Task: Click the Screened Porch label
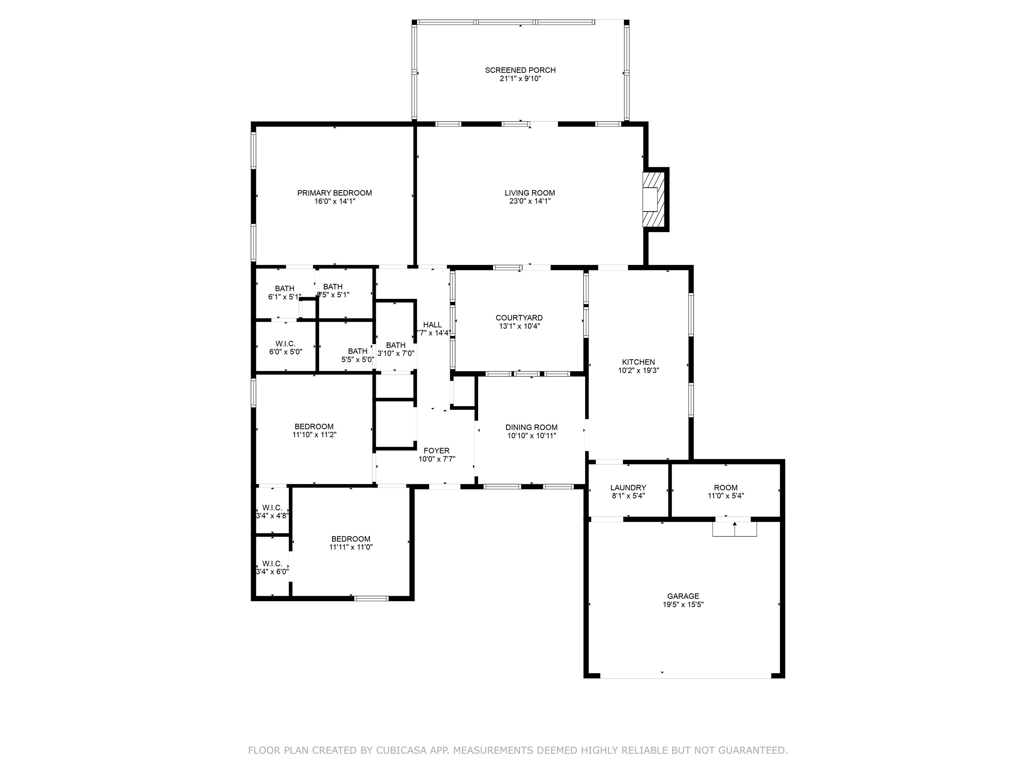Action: pos(520,70)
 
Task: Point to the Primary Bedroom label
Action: pos(335,193)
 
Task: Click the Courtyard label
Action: pos(519,318)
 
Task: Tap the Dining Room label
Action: pos(531,427)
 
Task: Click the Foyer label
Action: pos(436,451)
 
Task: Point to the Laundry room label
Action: pos(628,488)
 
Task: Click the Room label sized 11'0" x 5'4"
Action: pos(725,488)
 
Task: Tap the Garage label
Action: pos(683,596)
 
